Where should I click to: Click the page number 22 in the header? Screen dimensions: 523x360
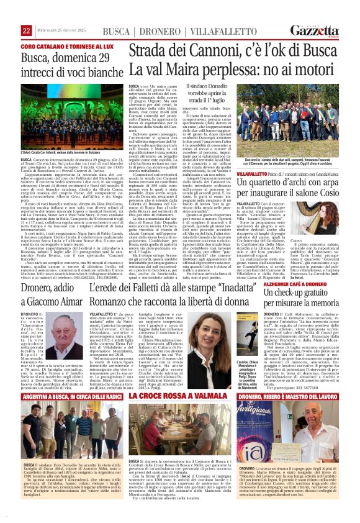pos(26,30)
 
